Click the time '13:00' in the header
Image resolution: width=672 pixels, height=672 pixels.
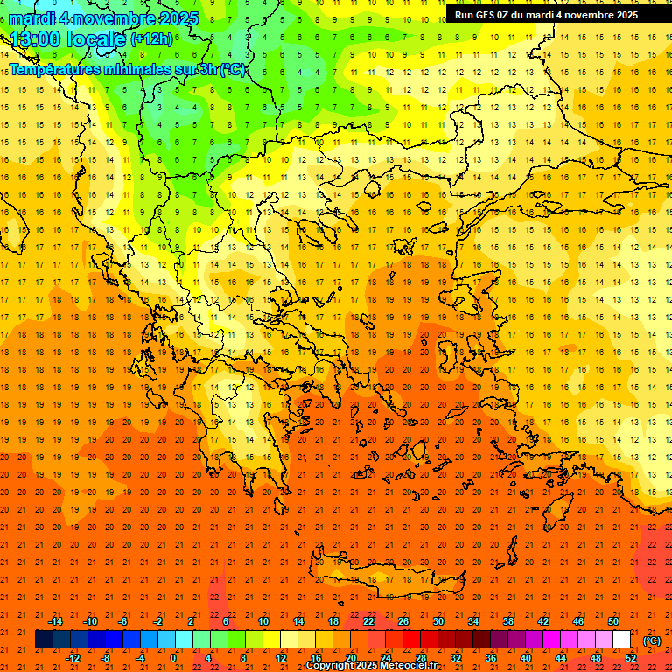[x=36, y=39]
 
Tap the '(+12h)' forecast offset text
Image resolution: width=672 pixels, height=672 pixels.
[x=151, y=39]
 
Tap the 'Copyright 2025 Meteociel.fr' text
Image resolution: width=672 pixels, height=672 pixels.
[x=371, y=666]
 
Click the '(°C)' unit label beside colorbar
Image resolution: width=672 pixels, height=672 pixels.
[x=652, y=640]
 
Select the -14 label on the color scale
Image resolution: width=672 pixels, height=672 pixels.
[x=55, y=621]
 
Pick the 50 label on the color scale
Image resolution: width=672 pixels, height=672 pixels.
[x=613, y=621]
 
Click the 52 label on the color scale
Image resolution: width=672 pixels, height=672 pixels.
[x=631, y=658]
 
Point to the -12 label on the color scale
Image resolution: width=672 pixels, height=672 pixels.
[x=73, y=658]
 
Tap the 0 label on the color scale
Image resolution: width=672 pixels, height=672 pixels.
[x=173, y=658]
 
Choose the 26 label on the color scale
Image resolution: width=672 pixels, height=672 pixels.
[x=403, y=621]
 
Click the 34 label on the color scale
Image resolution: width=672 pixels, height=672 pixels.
[x=473, y=621]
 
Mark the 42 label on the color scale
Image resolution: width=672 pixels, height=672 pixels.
[x=543, y=621]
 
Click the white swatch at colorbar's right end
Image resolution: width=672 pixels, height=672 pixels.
[x=622, y=640]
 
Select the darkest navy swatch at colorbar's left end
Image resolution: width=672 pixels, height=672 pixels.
[x=45, y=640]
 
